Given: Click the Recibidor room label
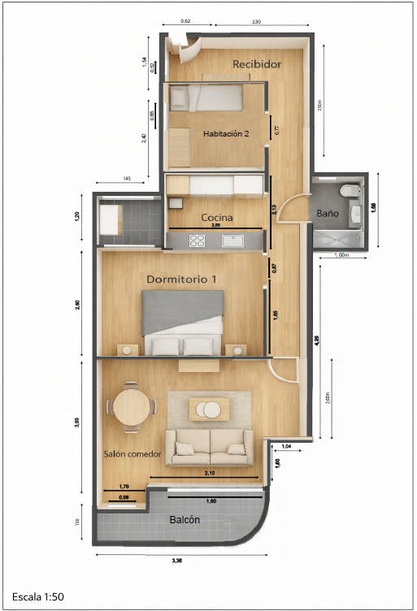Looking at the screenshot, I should click(x=257, y=63).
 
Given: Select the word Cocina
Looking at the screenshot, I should click(x=217, y=218).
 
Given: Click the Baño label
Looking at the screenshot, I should click(x=328, y=213).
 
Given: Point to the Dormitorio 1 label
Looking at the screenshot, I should click(x=181, y=279).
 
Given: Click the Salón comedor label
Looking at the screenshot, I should click(x=132, y=453).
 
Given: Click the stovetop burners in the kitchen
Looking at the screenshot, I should click(x=198, y=240).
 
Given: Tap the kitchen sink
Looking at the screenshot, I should click(x=232, y=240).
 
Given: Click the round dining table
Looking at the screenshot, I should click(x=130, y=406).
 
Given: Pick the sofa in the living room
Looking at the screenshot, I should click(x=210, y=447).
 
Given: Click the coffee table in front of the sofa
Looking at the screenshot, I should click(x=210, y=409).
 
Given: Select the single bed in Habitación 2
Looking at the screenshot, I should click(x=206, y=98).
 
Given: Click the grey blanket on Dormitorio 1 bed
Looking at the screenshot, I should click(x=182, y=310).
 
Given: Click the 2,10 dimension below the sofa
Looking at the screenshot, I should click(x=209, y=472).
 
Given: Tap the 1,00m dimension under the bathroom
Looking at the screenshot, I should click(x=341, y=255).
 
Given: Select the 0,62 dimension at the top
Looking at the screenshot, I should click(x=185, y=20).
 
